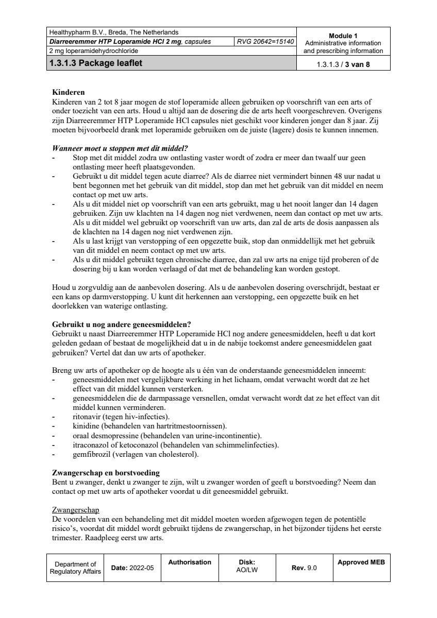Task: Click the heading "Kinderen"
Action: [69, 92]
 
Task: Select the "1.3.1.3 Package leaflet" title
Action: [96, 63]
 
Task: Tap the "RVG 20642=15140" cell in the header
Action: [265, 42]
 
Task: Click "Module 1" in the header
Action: [343, 36]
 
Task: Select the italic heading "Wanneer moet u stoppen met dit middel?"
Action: [120, 148]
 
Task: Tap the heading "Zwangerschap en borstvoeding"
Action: [106, 472]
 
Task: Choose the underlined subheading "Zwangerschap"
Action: [76, 510]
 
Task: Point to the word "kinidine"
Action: [86, 426]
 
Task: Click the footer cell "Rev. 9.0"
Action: [305, 568]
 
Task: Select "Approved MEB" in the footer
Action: [361, 562]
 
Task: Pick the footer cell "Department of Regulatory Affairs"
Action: [75, 568]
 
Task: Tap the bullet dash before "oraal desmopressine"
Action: [54, 436]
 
